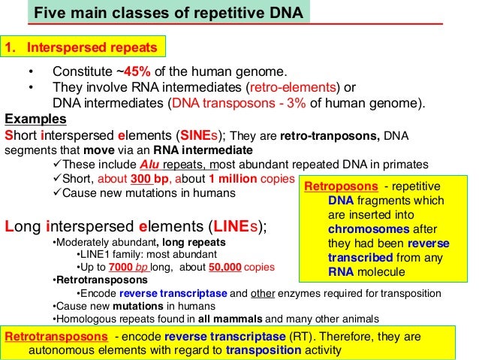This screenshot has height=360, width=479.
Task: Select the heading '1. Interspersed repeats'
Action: (x=83, y=48)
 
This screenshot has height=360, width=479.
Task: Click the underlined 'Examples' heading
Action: (x=35, y=119)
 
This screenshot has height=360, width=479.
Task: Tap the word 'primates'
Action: (x=405, y=165)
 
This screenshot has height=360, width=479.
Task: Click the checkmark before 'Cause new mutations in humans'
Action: (x=58, y=193)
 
